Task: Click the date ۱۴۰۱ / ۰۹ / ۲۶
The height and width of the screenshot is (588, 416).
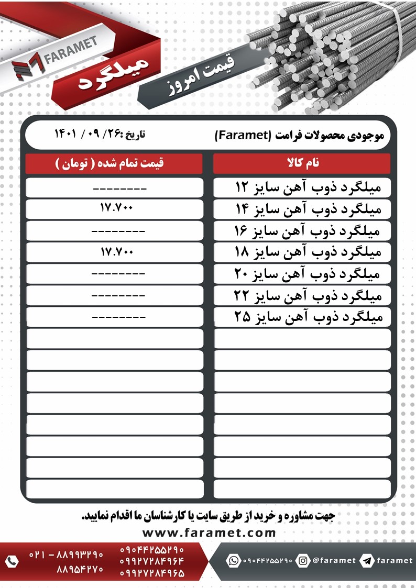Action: pyautogui.click(x=100, y=134)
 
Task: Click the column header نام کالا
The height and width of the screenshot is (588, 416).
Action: pyautogui.click(x=302, y=163)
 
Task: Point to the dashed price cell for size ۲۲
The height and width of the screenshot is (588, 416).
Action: pyautogui.click(x=118, y=296)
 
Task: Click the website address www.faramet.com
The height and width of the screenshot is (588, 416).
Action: pyautogui.click(x=209, y=533)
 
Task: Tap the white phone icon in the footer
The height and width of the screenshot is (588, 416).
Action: pyautogui.click(x=12, y=561)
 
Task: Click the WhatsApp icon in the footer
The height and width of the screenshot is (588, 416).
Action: pyautogui.click(x=233, y=560)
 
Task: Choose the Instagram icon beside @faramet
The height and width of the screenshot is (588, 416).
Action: pyautogui.click(x=303, y=560)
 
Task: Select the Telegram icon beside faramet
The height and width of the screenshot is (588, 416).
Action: pyautogui.click(x=367, y=560)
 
